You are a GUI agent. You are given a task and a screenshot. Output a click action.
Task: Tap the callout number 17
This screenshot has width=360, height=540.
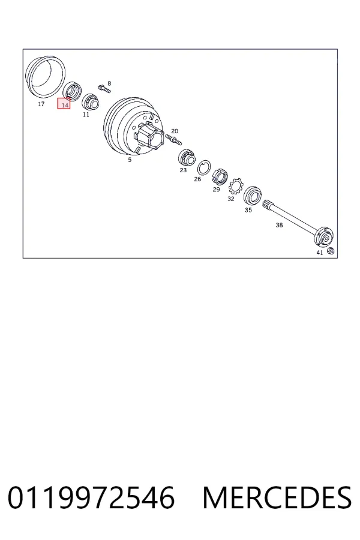pos(41,104)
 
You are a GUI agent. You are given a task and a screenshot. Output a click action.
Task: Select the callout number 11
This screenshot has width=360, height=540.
pos(86,115)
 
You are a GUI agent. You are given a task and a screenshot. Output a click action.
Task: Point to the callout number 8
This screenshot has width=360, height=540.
pos(109,83)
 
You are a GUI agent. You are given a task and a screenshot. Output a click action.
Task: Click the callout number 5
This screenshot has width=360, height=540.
pos(130,160)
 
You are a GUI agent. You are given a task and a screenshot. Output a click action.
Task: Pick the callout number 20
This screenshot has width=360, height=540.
pos(175,131)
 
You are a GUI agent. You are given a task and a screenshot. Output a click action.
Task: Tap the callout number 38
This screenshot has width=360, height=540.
pos(279,225)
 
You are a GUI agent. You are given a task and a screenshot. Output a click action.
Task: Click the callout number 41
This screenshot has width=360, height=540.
pos(320,253)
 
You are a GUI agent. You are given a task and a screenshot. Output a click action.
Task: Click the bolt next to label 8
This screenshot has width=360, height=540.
pos(104,88)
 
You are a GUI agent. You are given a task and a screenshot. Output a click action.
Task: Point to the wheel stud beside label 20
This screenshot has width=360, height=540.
pos(173,139)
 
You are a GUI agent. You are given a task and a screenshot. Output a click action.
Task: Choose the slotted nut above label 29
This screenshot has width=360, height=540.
pos(219,177)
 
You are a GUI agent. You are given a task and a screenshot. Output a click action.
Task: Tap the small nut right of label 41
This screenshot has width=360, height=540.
pos(330,251)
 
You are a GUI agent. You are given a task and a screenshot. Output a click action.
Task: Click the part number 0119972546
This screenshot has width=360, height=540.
pos(91,497)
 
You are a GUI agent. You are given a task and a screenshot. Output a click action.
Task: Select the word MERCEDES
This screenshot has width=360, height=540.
pos(277,497)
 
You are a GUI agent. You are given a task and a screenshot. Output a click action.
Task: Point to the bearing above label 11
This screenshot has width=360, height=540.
pos(91,101)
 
